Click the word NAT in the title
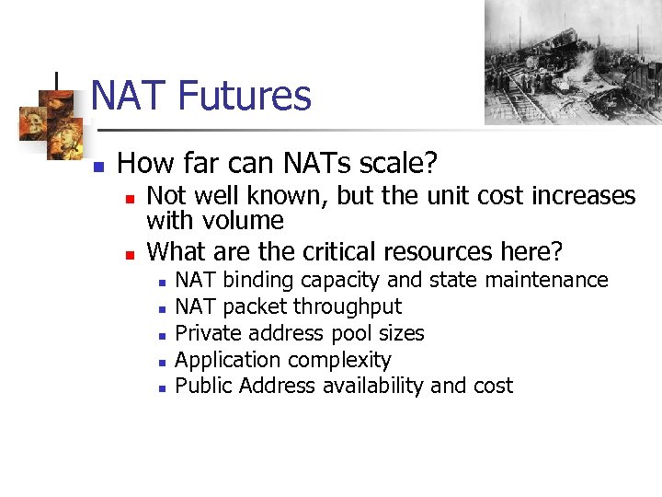pyautogui.click(x=129, y=96)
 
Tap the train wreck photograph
pyautogui.click(x=573, y=62)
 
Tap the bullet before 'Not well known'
pyautogui.click(x=131, y=198)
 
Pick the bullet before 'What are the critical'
pyautogui.click(x=131, y=253)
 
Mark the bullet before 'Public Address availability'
pyautogui.click(x=160, y=388)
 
